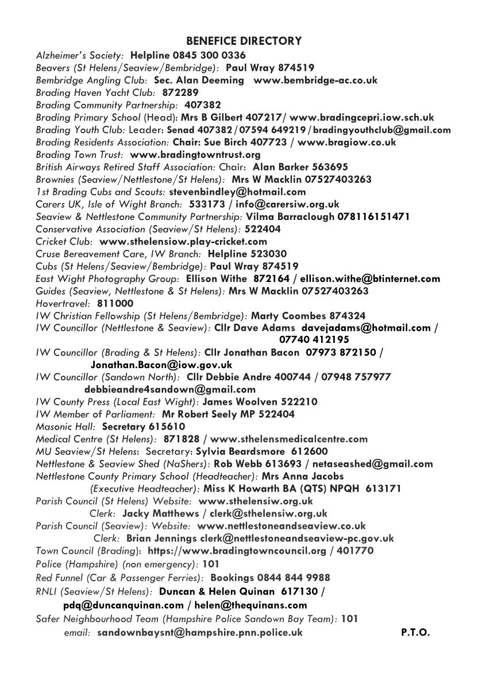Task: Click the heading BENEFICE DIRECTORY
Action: [x=244, y=41]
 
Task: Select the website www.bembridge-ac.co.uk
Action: [x=315, y=80]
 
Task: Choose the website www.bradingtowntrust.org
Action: [x=195, y=154]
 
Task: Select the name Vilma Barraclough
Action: [x=283, y=217]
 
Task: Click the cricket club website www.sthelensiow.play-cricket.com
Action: [x=183, y=241]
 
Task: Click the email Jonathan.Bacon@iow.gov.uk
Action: [x=161, y=365]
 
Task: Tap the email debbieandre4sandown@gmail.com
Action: [x=162, y=389]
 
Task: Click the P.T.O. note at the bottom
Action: [x=415, y=633]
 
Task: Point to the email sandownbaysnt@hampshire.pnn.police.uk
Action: [x=200, y=633]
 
